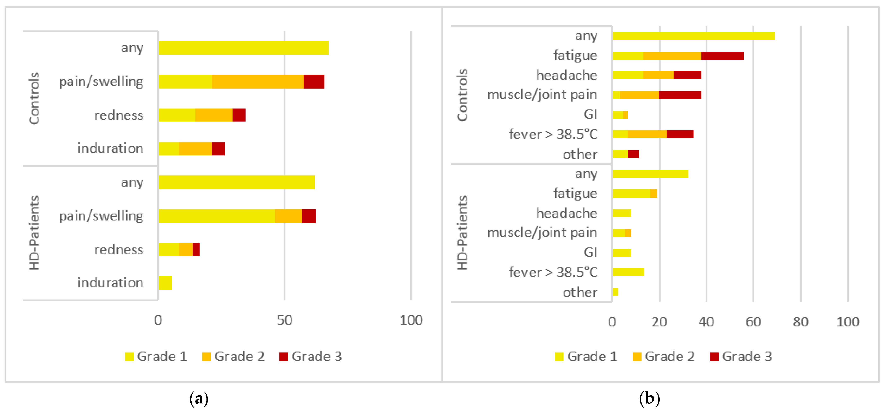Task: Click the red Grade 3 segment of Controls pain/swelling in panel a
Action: pos(314,82)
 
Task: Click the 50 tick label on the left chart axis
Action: pos(284,320)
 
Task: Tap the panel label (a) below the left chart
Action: pos(199,398)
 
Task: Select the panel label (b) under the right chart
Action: pos(649,398)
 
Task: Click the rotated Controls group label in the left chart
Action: pos(34,98)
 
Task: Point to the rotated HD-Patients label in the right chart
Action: pos(462,233)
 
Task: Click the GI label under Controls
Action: pos(590,114)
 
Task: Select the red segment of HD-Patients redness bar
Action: pos(196,249)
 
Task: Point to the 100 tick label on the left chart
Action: pos(411,320)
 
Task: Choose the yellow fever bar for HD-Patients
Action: pos(628,272)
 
